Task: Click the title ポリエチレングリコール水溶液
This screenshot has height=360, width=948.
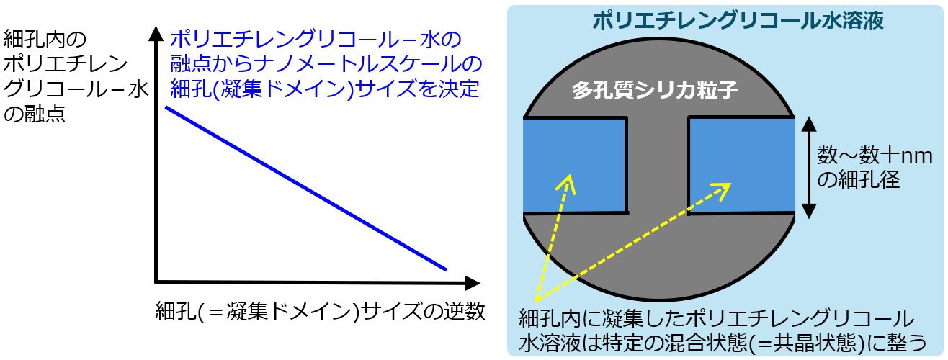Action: (x=738, y=21)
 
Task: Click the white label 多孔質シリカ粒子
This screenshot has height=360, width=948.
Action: (x=655, y=90)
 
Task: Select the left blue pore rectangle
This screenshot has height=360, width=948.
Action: (x=575, y=165)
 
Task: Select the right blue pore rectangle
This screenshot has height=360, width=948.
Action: (x=741, y=166)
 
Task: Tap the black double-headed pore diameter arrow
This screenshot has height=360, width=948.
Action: (x=809, y=168)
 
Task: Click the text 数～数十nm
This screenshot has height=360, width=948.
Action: (x=875, y=156)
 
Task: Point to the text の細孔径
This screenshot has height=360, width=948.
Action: (x=859, y=180)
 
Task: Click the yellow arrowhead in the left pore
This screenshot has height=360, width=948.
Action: (x=567, y=183)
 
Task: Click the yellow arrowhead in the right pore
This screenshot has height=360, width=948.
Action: (x=723, y=190)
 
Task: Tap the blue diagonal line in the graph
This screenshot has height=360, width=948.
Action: (x=305, y=188)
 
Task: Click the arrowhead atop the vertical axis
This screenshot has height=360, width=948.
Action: (x=156, y=33)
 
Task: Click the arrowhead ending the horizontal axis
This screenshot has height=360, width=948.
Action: (x=473, y=282)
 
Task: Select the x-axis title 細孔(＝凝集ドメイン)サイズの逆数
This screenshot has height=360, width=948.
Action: (x=320, y=312)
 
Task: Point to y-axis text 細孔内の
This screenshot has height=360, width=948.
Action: (x=45, y=40)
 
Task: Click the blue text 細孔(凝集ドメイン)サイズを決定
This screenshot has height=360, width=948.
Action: (x=325, y=89)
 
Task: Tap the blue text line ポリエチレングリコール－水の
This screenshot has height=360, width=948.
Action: (x=316, y=40)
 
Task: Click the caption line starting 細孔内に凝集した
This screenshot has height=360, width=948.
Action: (x=716, y=319)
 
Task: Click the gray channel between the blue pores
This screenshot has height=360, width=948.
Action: (x=658, y=165)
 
